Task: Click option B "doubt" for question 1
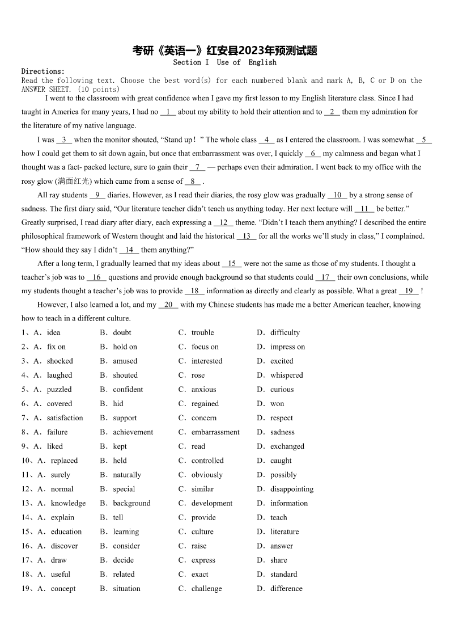pos(122,332)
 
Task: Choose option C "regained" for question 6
pos(205,404)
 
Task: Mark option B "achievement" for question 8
pos(133,432)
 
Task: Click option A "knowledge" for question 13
pos(68,503)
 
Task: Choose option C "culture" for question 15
pos(202,531)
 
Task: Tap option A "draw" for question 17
pos(58,560)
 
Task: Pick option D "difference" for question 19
pos(286,588)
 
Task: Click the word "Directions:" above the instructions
pos(43,71)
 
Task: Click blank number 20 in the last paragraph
pos(168,305)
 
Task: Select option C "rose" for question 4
pos(198,375)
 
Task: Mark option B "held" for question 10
pos(120,461)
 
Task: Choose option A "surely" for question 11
pos(60,475)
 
